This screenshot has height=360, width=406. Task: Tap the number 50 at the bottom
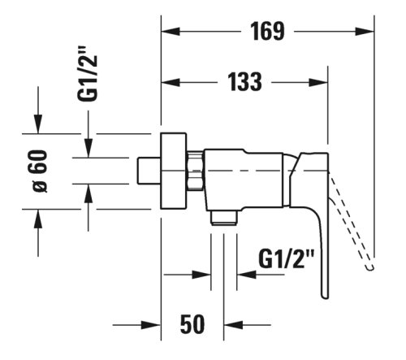point(191,324)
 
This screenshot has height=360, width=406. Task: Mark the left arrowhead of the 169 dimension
point(170,32)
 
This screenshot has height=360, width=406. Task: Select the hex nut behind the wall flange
point(194,170)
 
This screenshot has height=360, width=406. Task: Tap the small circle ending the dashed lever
point(370,265)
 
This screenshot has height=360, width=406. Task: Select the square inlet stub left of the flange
point(149,171)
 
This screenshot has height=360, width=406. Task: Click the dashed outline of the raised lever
point(353,219)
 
